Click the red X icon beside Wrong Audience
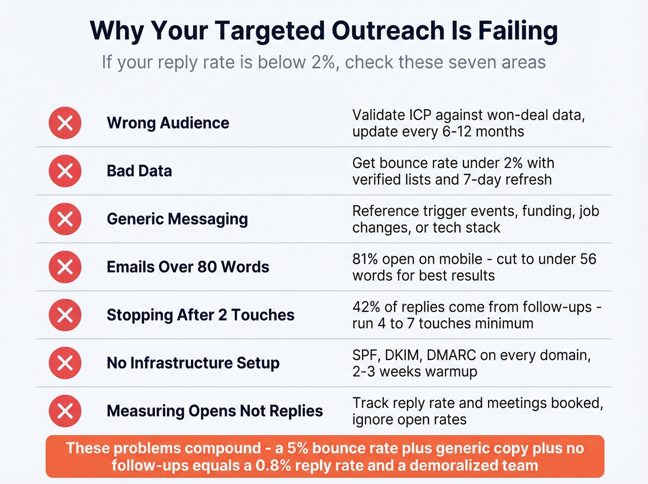[x=65, y=123]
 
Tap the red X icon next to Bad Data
[x=65, y=171]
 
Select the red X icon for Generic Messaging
[x=65, y=219]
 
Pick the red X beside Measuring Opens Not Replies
[x=65, y=411]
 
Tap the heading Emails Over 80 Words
[x=188, y=267]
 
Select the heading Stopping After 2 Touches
[x=200, y=315]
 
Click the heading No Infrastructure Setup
[x=193, y=363]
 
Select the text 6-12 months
[x=483, y=132]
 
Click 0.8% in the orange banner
[x=274, y=465]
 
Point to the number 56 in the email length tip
[x=587, y=259]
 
